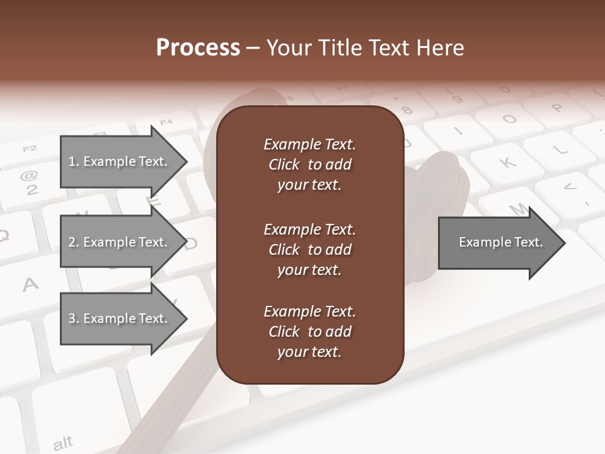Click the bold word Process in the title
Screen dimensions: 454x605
(198, 48)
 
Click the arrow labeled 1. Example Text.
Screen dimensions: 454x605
(118, 161)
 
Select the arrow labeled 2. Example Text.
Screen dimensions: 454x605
(118, 242)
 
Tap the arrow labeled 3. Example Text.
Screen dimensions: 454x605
(118, 318)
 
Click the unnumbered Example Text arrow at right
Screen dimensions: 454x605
(500, 242)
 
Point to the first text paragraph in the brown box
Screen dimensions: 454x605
(309, 165)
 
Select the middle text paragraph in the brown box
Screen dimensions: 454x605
(309, 250)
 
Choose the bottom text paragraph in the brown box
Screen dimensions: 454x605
(309, 332)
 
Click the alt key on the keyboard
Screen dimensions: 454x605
(63, 443)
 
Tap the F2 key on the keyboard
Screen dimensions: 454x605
(30, 149)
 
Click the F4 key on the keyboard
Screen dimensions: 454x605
(166, 122)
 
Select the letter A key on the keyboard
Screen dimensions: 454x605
(30, 285)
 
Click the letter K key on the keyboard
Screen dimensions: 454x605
(508, 163)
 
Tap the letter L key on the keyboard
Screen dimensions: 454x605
(558, 149)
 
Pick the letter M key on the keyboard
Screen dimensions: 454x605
(518, 208)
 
